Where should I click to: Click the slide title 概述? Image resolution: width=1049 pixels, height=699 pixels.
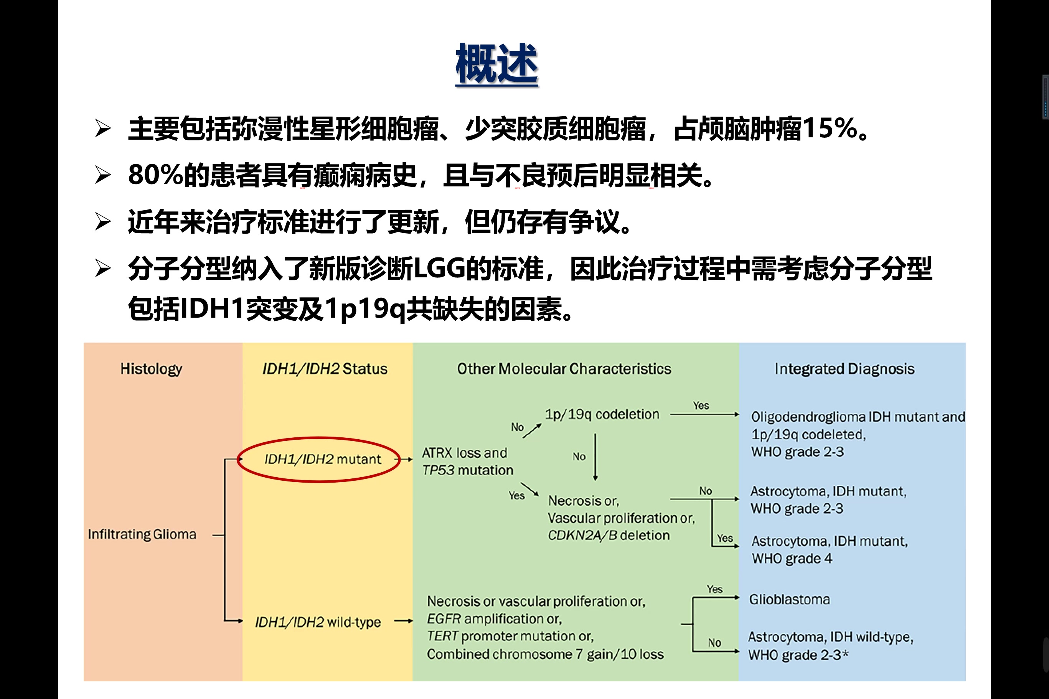[496, 64]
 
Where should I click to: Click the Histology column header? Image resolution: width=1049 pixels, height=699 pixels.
[151, 369]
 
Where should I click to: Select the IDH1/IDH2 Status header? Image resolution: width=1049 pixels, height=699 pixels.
[325, 369]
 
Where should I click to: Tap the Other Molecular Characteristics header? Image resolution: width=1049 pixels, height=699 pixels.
[564, 369]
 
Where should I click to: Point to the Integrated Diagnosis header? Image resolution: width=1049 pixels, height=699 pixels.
[844, 369]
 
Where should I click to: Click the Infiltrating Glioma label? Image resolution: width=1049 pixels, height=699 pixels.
[142, 534]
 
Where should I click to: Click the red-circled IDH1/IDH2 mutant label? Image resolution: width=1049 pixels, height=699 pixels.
[323, 459]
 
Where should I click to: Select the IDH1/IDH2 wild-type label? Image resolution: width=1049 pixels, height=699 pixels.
[318, 622]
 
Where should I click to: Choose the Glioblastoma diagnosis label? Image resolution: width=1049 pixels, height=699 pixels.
[789, 600]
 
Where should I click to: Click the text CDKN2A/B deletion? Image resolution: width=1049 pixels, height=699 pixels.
[609, 535]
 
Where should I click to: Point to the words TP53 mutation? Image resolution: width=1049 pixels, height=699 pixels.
[468, 470]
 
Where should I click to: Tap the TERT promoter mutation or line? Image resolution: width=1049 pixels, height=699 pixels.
[510, 636]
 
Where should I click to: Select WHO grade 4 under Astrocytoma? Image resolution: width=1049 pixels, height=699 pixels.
[792, 559]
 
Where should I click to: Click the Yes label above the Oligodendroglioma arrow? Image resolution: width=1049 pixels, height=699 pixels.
[701, 406]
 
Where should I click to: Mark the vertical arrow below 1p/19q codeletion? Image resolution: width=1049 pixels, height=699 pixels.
[595, 457]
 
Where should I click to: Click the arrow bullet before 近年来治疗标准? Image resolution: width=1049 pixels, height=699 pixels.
[103, 222]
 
